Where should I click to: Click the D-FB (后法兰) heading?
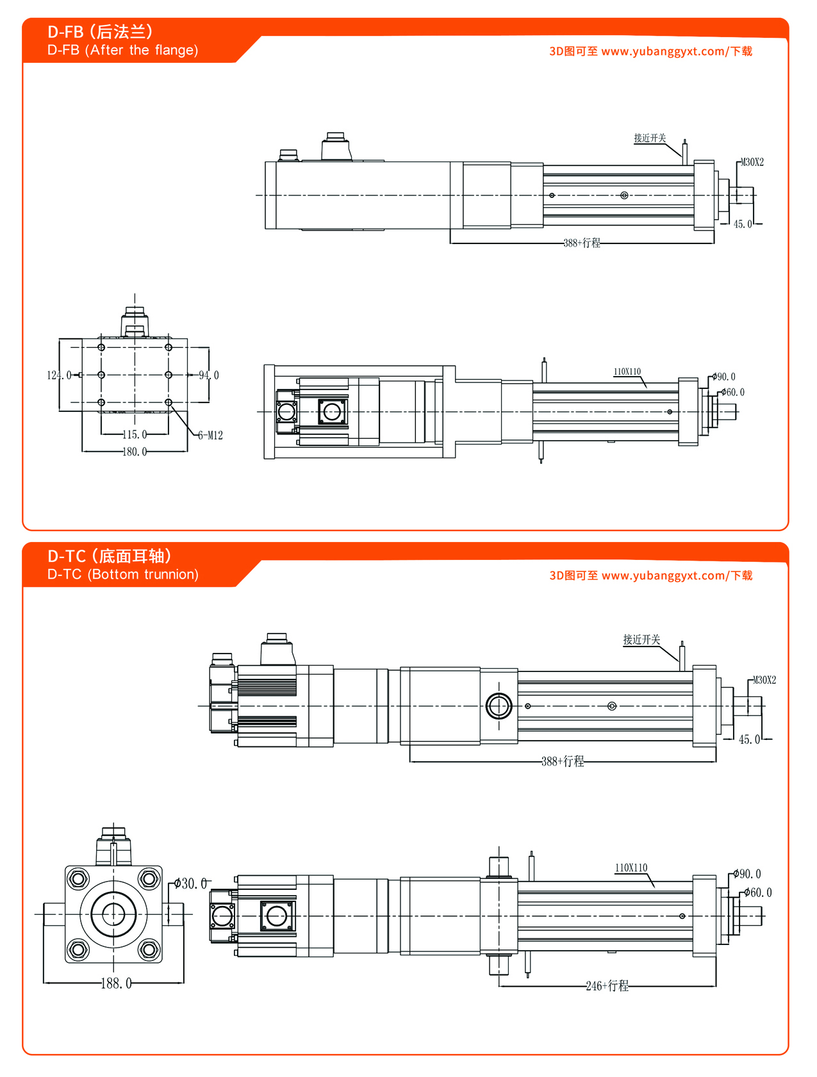coord(100,31)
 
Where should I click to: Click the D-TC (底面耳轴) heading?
coord(109,555)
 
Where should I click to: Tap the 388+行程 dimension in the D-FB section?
coord(582,243)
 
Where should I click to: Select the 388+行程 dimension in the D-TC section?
coord(563,761)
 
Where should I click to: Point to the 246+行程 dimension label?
coord(607,986)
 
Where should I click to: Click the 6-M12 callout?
coord(210,436)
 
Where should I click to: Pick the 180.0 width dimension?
coord(135,452)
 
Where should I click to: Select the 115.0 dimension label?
coord(135,434)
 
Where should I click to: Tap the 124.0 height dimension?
coord(58,375)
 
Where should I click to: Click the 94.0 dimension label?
coord(209,375)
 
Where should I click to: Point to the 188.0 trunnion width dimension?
coord(116,983)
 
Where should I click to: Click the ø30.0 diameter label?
coord(191,884)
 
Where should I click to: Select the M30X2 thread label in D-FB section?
coord(752,163)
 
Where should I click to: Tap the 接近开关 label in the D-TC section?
coord(641,639)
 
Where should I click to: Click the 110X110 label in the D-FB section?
coord(627,372)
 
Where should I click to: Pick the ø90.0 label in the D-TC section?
coord(748,874)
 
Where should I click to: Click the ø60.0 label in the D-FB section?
coord(733,392)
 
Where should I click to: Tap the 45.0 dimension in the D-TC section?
coord(749,739)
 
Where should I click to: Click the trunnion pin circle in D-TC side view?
coord(499,706)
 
